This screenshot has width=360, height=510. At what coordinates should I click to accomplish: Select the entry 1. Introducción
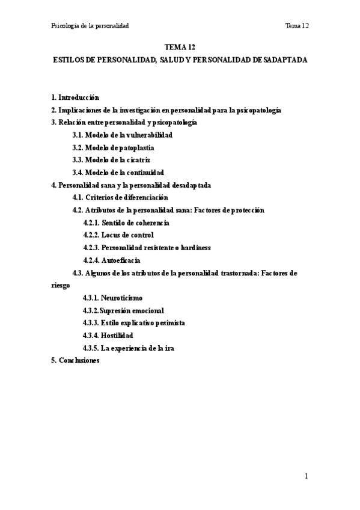coord(75,97)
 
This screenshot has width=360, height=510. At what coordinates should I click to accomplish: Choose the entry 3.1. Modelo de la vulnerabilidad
coord(122,135)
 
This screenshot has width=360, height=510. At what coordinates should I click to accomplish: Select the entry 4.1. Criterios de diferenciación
coord(120,197)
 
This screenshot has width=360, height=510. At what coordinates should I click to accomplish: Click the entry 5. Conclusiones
coord(75,360)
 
